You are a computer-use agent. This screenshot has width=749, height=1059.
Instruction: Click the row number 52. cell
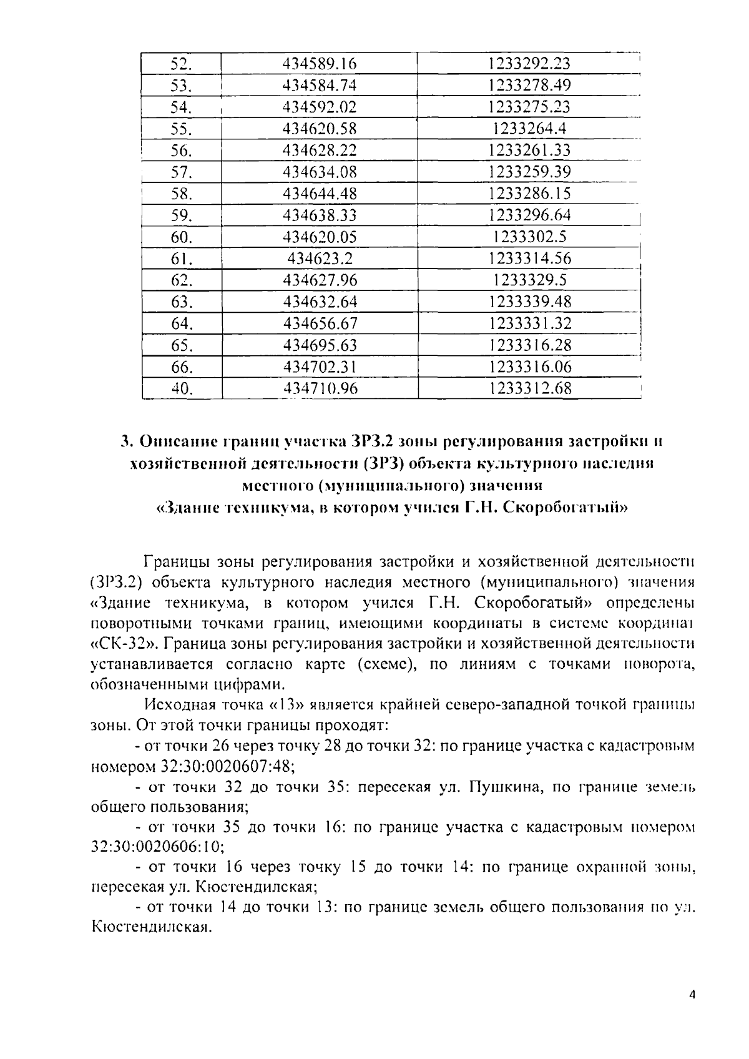pyautogui.click(x=181, y=64)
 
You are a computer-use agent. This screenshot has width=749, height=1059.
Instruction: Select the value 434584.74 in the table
pyautogui.click(x=319, y=86)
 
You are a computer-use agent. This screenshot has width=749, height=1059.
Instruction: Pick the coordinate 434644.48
pyautogui.click(x=319, y=194)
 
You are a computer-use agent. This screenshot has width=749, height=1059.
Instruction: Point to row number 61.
pyautogui.click(x=181, y=259)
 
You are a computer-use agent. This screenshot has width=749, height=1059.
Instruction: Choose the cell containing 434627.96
pyautogui.click(x=319, y=280)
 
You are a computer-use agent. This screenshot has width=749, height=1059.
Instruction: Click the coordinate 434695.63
pyautogui.click(x=319, y=345)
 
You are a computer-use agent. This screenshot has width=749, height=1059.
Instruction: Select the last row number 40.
pyautogui.click(x=181, y=389)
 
